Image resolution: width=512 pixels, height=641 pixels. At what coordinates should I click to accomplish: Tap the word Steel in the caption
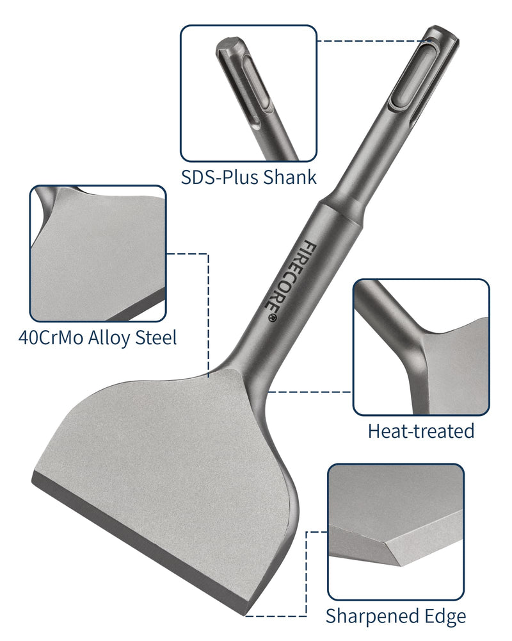[x=154, y=337]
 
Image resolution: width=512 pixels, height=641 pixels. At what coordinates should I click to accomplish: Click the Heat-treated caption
[x=420, y=431]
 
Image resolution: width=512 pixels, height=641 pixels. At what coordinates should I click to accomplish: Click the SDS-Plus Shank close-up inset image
[x=248, y=93]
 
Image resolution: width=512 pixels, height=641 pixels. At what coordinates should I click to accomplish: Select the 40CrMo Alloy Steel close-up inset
[x=98, y=253]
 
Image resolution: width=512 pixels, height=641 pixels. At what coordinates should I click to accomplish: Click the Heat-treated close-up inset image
[x=421, y=347]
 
